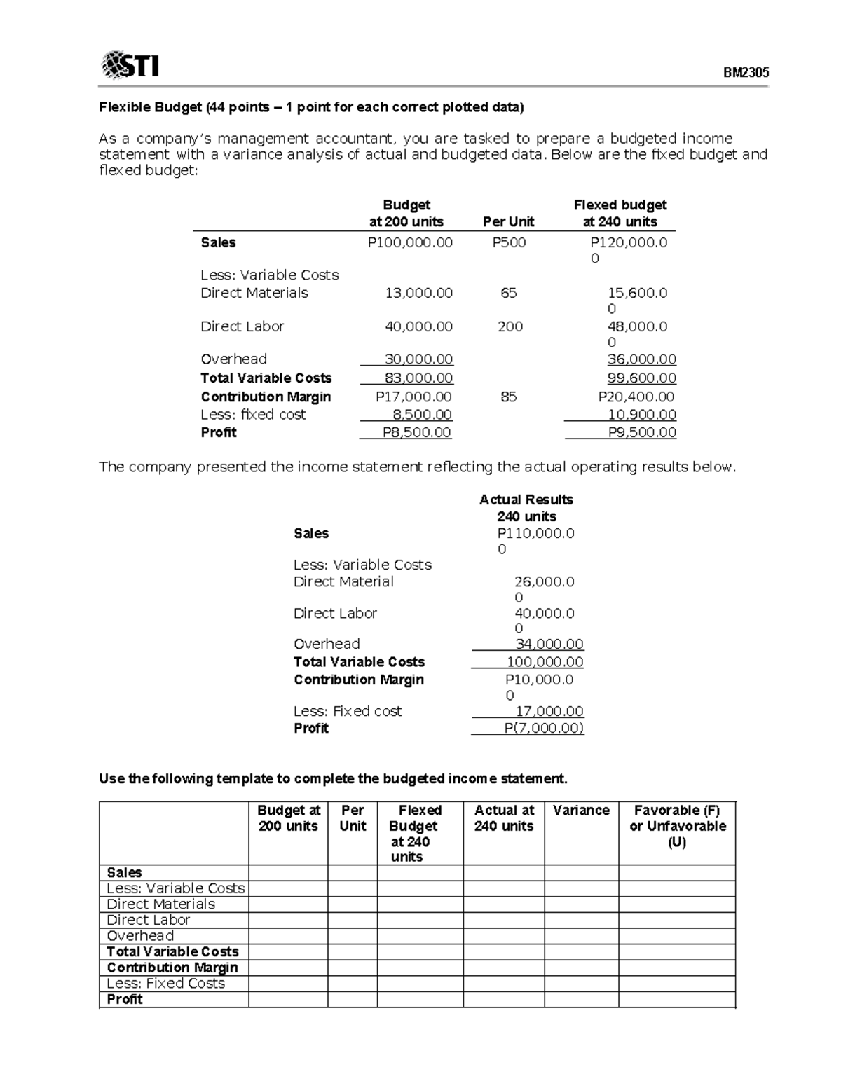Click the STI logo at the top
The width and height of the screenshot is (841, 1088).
[130, 65]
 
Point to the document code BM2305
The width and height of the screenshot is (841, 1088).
[746, 73]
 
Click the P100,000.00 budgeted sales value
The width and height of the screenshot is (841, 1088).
[410, 242]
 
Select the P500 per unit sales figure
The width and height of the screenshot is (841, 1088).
[509, 242]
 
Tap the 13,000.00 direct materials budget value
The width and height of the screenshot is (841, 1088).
[418, 293]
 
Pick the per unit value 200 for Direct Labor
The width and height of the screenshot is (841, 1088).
[510, 326]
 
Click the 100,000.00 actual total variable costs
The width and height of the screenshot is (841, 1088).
[545, 662]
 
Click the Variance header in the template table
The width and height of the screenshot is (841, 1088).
[581, 811]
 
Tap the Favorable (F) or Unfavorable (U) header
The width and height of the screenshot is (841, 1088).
[677, 826]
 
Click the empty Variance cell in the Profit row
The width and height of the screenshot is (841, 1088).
[581, 1000]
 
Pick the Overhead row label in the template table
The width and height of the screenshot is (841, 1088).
[140, 936]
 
